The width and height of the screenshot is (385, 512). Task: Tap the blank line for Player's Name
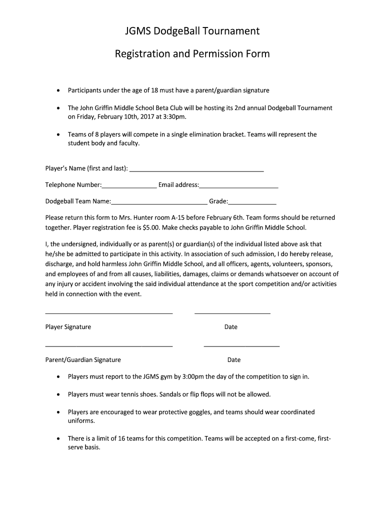coord(196,171)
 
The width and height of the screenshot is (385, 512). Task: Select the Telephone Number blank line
coord(129,187)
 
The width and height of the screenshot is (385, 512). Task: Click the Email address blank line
coord(238,187)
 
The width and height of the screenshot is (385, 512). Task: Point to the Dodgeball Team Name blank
coord(159,204)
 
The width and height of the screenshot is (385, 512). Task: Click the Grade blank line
coord(252,204)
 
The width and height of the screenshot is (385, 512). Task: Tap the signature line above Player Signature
coord(109,313)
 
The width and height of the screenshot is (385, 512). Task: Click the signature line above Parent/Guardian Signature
coord(109,346)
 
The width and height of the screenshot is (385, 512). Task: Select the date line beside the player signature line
coord(232,313)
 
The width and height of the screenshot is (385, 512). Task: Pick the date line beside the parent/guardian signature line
coord(241,346)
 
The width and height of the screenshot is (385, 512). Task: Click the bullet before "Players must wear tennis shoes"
coord(58,394)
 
